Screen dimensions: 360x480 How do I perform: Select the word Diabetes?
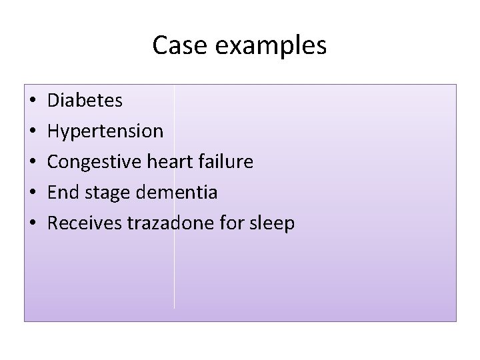coord(85,101)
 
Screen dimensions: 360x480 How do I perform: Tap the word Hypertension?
coord(105,132)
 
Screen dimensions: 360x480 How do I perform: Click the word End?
coord(63,193)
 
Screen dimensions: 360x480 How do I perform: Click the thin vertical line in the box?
coord(175,280)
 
